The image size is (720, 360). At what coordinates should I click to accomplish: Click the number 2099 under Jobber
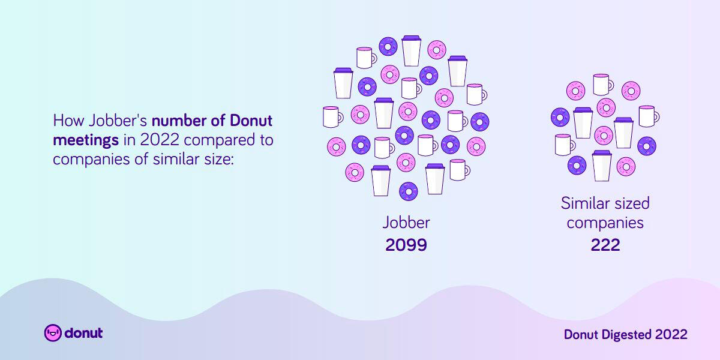[x=406, y=245]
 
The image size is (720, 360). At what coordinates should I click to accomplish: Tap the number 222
[x=605, y=245]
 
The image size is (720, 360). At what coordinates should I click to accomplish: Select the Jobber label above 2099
[x=406, y=223]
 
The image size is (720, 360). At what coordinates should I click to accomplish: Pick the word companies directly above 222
[x=605, y=223]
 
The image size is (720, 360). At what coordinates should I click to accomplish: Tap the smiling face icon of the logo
[x=53, y=332]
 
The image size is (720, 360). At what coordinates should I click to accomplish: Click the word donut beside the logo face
[x=83, y=333]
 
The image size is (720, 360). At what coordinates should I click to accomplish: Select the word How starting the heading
[x=68, y=121]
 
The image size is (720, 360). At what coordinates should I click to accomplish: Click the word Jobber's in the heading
[x=118, y=121]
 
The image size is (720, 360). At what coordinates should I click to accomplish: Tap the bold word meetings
[x=86, y=140]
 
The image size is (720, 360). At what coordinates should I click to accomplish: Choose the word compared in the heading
[x=217, y=140]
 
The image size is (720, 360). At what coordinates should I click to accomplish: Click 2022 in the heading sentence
[x=160, y=140]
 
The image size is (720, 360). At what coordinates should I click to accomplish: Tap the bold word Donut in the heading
[x=251, y=121]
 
